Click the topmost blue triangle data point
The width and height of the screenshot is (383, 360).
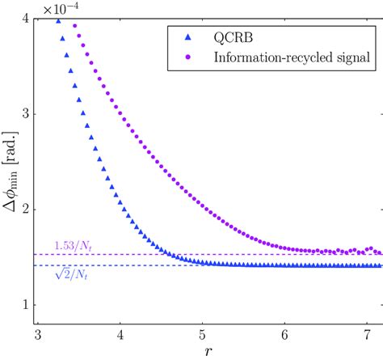pyautogui.click(x=57, y=21)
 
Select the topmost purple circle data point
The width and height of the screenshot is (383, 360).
pyautogui.click(x=75, y=25)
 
